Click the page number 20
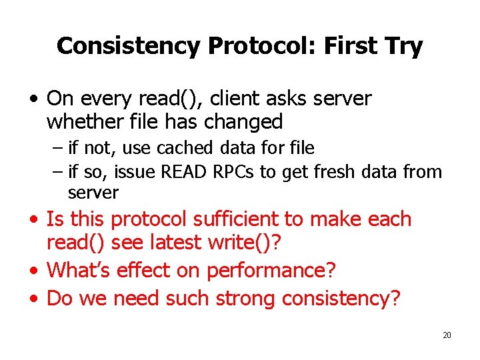point(447,335)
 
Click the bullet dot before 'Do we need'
point(34,298)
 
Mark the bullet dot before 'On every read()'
point(34,99)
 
